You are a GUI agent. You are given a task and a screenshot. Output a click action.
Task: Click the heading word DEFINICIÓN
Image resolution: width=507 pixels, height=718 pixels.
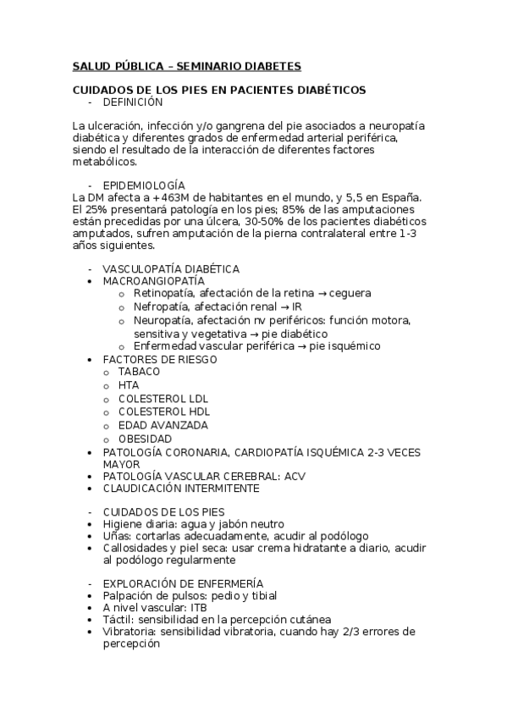[x=132, y=102]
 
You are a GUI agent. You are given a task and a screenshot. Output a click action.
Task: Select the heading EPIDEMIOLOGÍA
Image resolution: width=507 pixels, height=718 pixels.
[x=143, y=185]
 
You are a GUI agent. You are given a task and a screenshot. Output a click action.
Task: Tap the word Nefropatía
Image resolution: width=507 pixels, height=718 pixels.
[x=162, y=306]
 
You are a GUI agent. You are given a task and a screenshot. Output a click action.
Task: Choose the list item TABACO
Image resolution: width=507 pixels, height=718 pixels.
[x=139, y=372]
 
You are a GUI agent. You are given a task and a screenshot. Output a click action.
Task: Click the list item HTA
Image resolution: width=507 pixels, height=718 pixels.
[x=129, y=385]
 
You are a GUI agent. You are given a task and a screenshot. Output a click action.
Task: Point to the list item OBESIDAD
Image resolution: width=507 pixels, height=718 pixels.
[x=145, y=439]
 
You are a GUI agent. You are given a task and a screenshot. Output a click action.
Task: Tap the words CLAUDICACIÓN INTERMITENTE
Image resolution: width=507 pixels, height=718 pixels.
[x=181, y=489]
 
